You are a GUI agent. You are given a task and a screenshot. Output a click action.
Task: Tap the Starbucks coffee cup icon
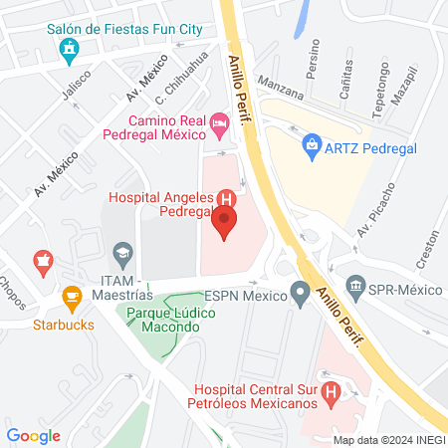(x=71, y=297)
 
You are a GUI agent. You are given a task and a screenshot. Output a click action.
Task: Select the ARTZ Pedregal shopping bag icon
(x=312, y=145)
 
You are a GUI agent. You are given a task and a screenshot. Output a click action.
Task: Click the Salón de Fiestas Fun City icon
(x=70, y=50)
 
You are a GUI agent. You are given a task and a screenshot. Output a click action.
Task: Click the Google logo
(x=34, y=436)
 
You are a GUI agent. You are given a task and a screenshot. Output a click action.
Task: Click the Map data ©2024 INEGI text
(x=388, y=439)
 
